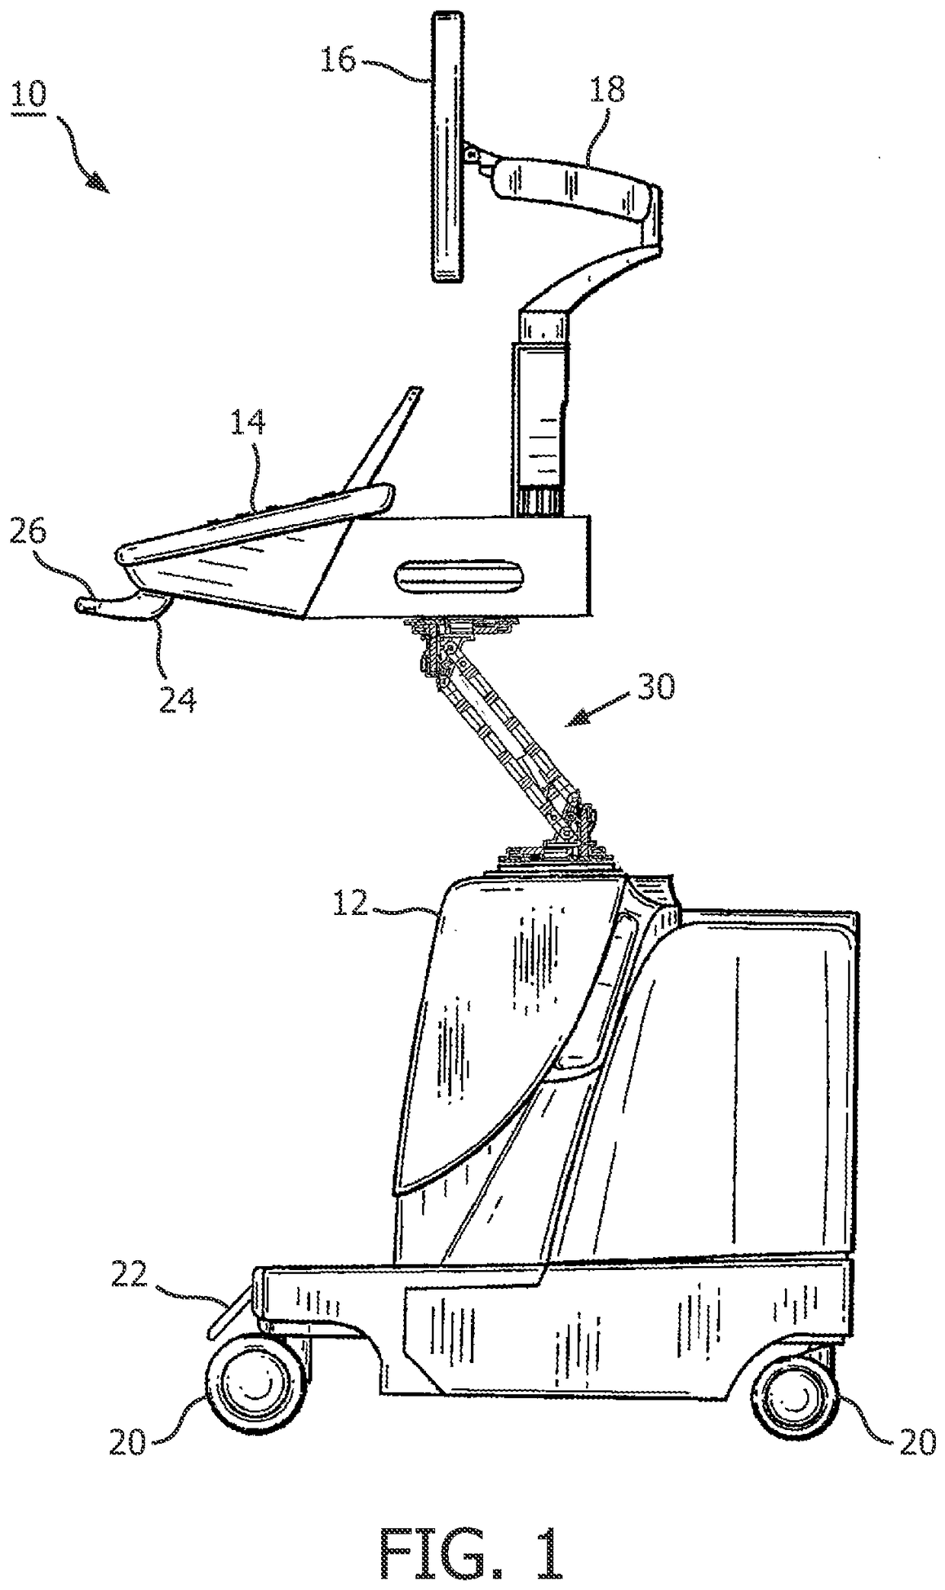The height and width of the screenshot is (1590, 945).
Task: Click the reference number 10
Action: click(28, 97)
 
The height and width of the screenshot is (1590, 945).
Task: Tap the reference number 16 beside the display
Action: click(337, 58)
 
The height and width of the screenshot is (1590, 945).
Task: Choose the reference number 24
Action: click(177, 699)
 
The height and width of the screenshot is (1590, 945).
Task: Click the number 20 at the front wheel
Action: click(126, 1443)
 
